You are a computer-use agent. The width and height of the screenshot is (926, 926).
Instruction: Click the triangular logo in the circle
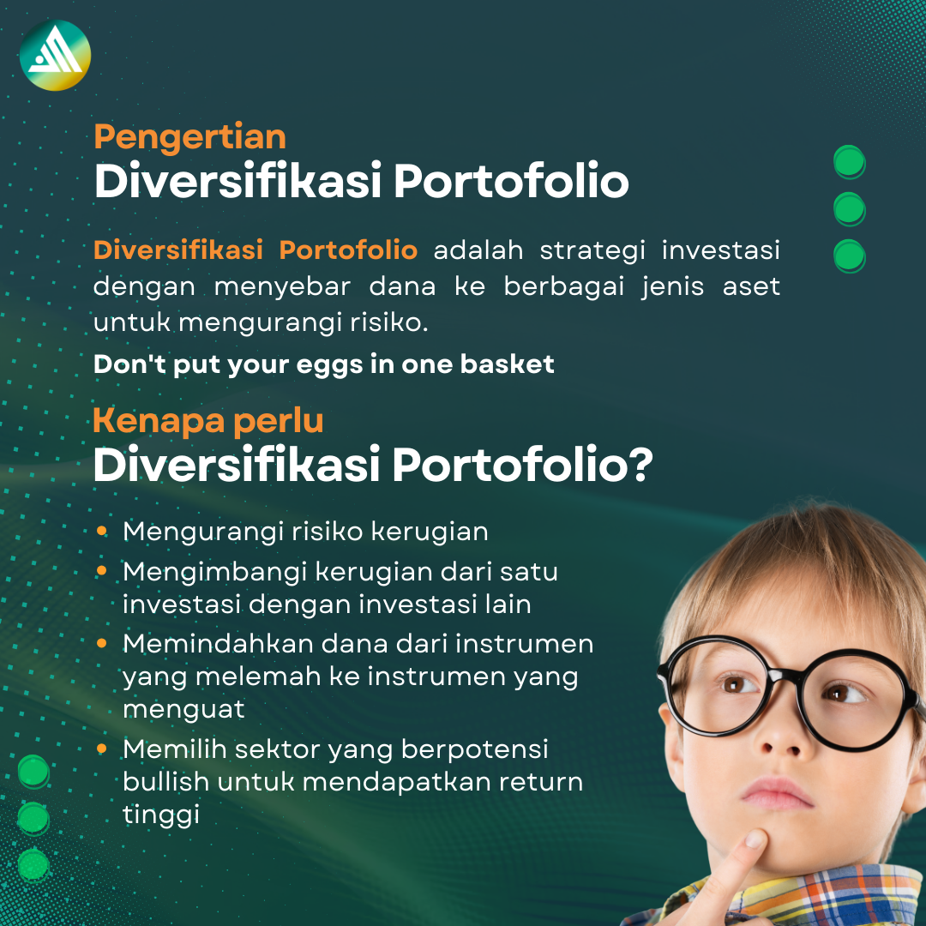pyautogui.click(x=55, y=55)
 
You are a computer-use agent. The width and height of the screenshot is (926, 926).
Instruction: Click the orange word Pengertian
pyautogui.click(x=189, y=137)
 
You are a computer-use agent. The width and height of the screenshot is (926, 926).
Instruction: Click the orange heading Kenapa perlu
pyautogui.click(x=208, y=420)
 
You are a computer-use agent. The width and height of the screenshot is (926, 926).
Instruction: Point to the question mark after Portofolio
pyautogui.click(x=640, y=466)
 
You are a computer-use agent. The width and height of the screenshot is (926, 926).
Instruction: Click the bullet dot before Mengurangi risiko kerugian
pyautogui.click(x=102, y=532)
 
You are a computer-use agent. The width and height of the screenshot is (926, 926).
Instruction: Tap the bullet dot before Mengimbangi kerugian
pyautogui.click(x=102, y=570)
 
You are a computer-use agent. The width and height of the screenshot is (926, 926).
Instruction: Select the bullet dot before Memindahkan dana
pyautogui.click(x=102, y=642)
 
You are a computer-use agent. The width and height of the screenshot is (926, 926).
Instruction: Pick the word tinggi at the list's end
pyautogui.click(x=161, y=815)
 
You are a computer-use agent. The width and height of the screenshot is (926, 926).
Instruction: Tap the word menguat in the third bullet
pyautogui.click(x=183, y=709)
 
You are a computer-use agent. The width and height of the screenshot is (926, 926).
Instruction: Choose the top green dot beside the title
pyautogui.click(x=850, y=162)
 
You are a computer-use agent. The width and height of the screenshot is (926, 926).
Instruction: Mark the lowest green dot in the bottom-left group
pyautogui.click(x=33, y=864)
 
